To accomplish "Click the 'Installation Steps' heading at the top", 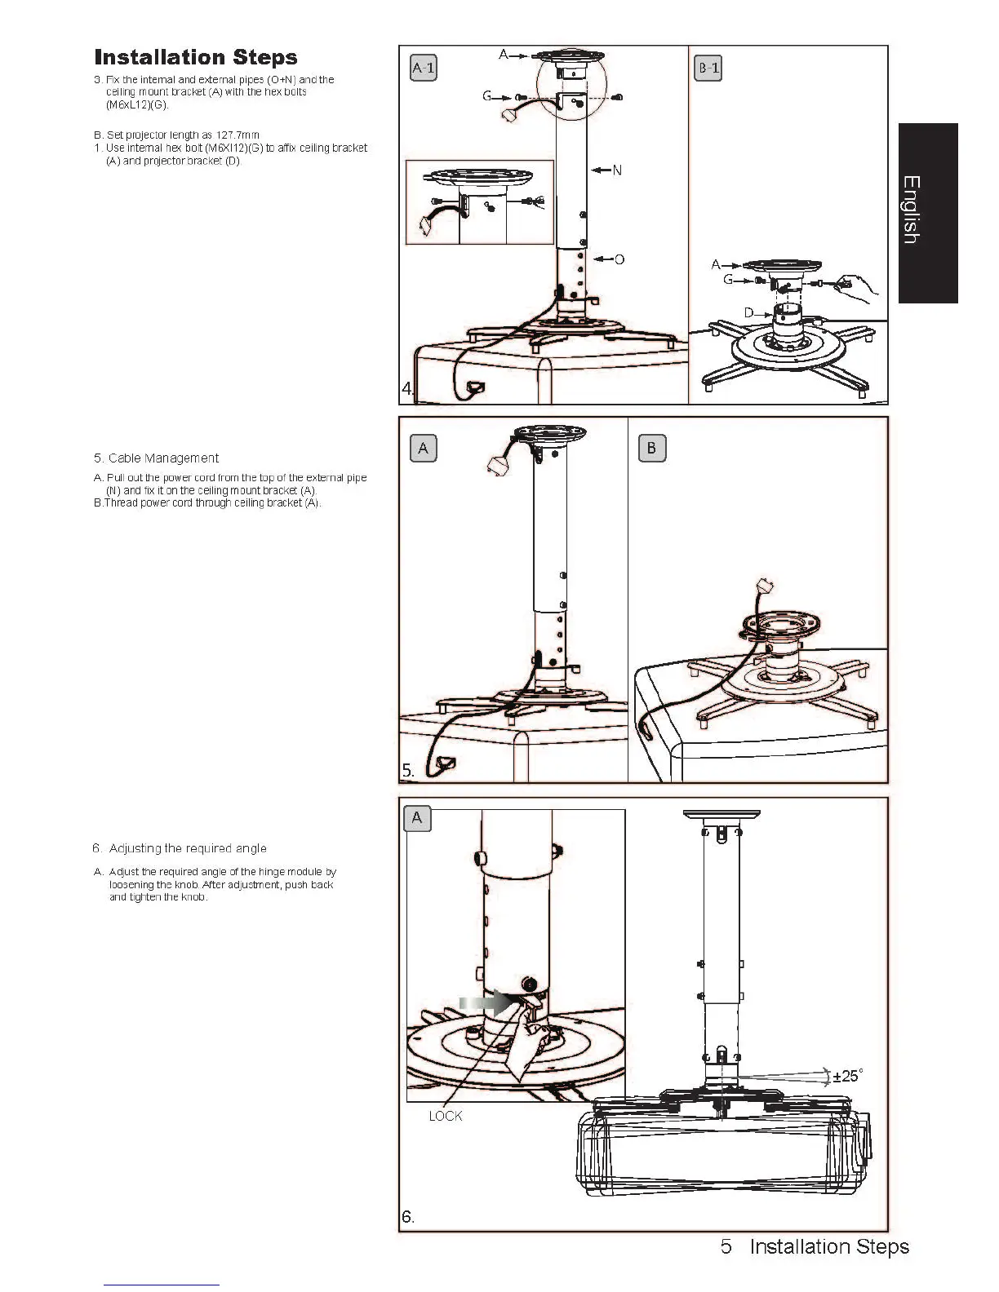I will click(196, 57).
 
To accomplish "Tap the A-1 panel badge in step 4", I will click(423, 68).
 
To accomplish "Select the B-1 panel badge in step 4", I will click(708, 68).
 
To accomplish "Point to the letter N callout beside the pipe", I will click(617, 170).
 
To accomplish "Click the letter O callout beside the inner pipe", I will click(619, 259).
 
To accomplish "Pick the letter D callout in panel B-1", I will click(748, 313).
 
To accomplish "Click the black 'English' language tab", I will click(928, 212).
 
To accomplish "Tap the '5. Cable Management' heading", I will click(163, 458).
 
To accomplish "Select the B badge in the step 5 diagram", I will click(651, 448).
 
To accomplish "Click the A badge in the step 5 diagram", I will click(423, 448).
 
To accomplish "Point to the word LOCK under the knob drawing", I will click(446, 1116).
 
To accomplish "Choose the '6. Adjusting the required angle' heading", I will click(180, 848).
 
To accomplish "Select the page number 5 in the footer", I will click(726, 1246).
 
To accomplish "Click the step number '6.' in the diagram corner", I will click(408, 1217).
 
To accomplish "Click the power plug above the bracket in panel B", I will click(765, 586).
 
